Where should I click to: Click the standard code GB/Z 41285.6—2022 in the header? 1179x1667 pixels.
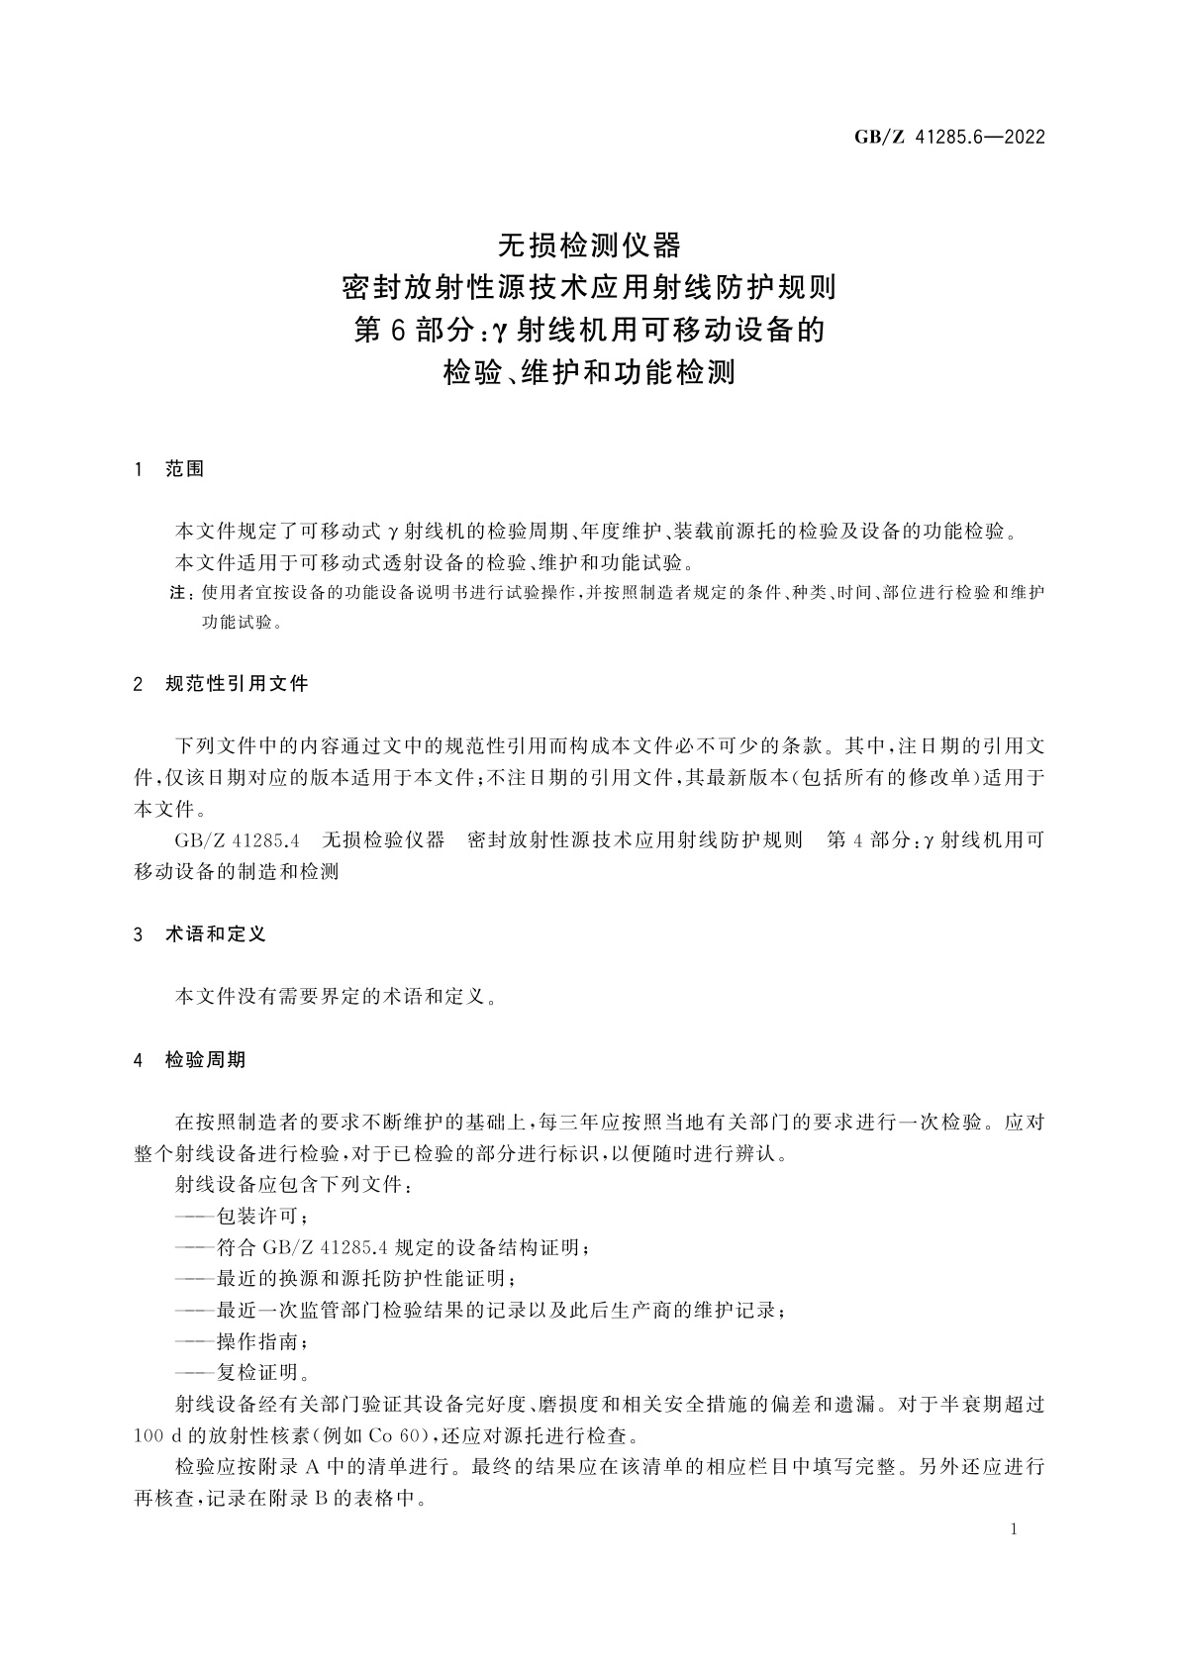pyautogui.click(x=948, y=138)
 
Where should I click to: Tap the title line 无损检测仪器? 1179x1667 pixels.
pyautogui.click(x=589, y=243)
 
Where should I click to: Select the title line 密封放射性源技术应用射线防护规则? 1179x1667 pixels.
pyautogui.click(x=589, y=287)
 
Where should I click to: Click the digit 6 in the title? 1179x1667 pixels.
pyautogui.click(x=396, y=330)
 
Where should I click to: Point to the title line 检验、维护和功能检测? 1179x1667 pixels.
pyautogui.click(x=589, y=373)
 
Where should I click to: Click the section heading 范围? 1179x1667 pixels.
pyautogui.click(x=185, y=469)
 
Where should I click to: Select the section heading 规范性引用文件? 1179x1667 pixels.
pyautogui.click(x=237, y=683)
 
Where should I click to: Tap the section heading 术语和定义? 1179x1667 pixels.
pyautogui.click(x=216, y=933)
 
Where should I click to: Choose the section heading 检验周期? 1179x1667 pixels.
pyautogui.click(x=205, y=1059)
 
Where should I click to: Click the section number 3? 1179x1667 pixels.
pyautogui.click(x=139, y=933)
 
